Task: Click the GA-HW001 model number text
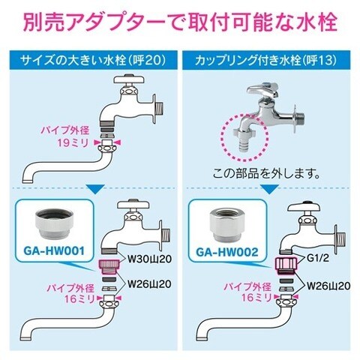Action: tap(54, 250)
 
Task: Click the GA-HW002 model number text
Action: tap(226, 252)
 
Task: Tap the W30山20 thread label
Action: tap(149, 259)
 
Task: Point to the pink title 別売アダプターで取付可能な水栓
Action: tap(180, 22)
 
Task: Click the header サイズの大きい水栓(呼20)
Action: tap(93, 60)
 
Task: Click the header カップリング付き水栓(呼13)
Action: tap(266, 60)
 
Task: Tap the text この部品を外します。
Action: tap(266, 174)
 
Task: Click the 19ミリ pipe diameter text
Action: tap(73, 143)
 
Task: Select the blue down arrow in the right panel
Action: tap(269, 189)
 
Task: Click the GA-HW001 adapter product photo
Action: tap(54, 223)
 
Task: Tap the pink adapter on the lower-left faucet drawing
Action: tap(109, 267)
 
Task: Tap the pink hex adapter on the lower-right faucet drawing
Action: tap(286, 265)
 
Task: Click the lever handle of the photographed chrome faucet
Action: tap(262, 89)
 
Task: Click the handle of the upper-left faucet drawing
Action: tap(129, 79)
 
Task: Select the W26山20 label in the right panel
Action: tap(328, 286)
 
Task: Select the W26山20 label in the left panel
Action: tap(149, 283)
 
